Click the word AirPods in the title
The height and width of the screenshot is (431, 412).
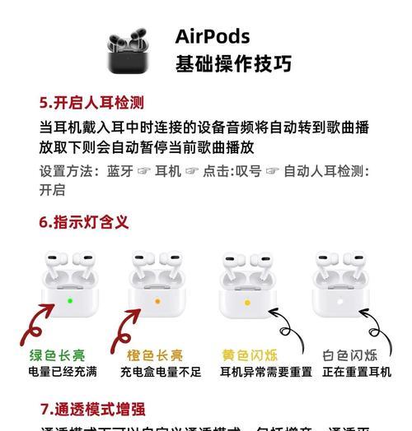(213, 36)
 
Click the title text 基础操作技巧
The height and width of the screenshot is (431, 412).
(233, 64)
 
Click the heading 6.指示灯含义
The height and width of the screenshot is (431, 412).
(84, 222)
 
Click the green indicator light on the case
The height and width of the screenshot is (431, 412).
(70, 301)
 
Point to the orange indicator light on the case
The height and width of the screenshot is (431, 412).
(157, 302)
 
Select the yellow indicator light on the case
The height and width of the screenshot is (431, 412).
(247, 303)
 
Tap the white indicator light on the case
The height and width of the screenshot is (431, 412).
(340, 302)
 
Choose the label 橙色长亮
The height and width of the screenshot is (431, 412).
(156, 355)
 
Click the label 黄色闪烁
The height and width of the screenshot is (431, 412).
(250, 355)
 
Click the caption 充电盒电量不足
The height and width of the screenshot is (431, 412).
(161, 372)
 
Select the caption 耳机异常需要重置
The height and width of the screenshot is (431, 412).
(265, 372)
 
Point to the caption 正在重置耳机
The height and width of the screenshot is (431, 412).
(357, 372)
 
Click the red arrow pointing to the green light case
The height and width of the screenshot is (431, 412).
(37, 325)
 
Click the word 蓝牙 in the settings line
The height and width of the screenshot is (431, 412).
(119, 171)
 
